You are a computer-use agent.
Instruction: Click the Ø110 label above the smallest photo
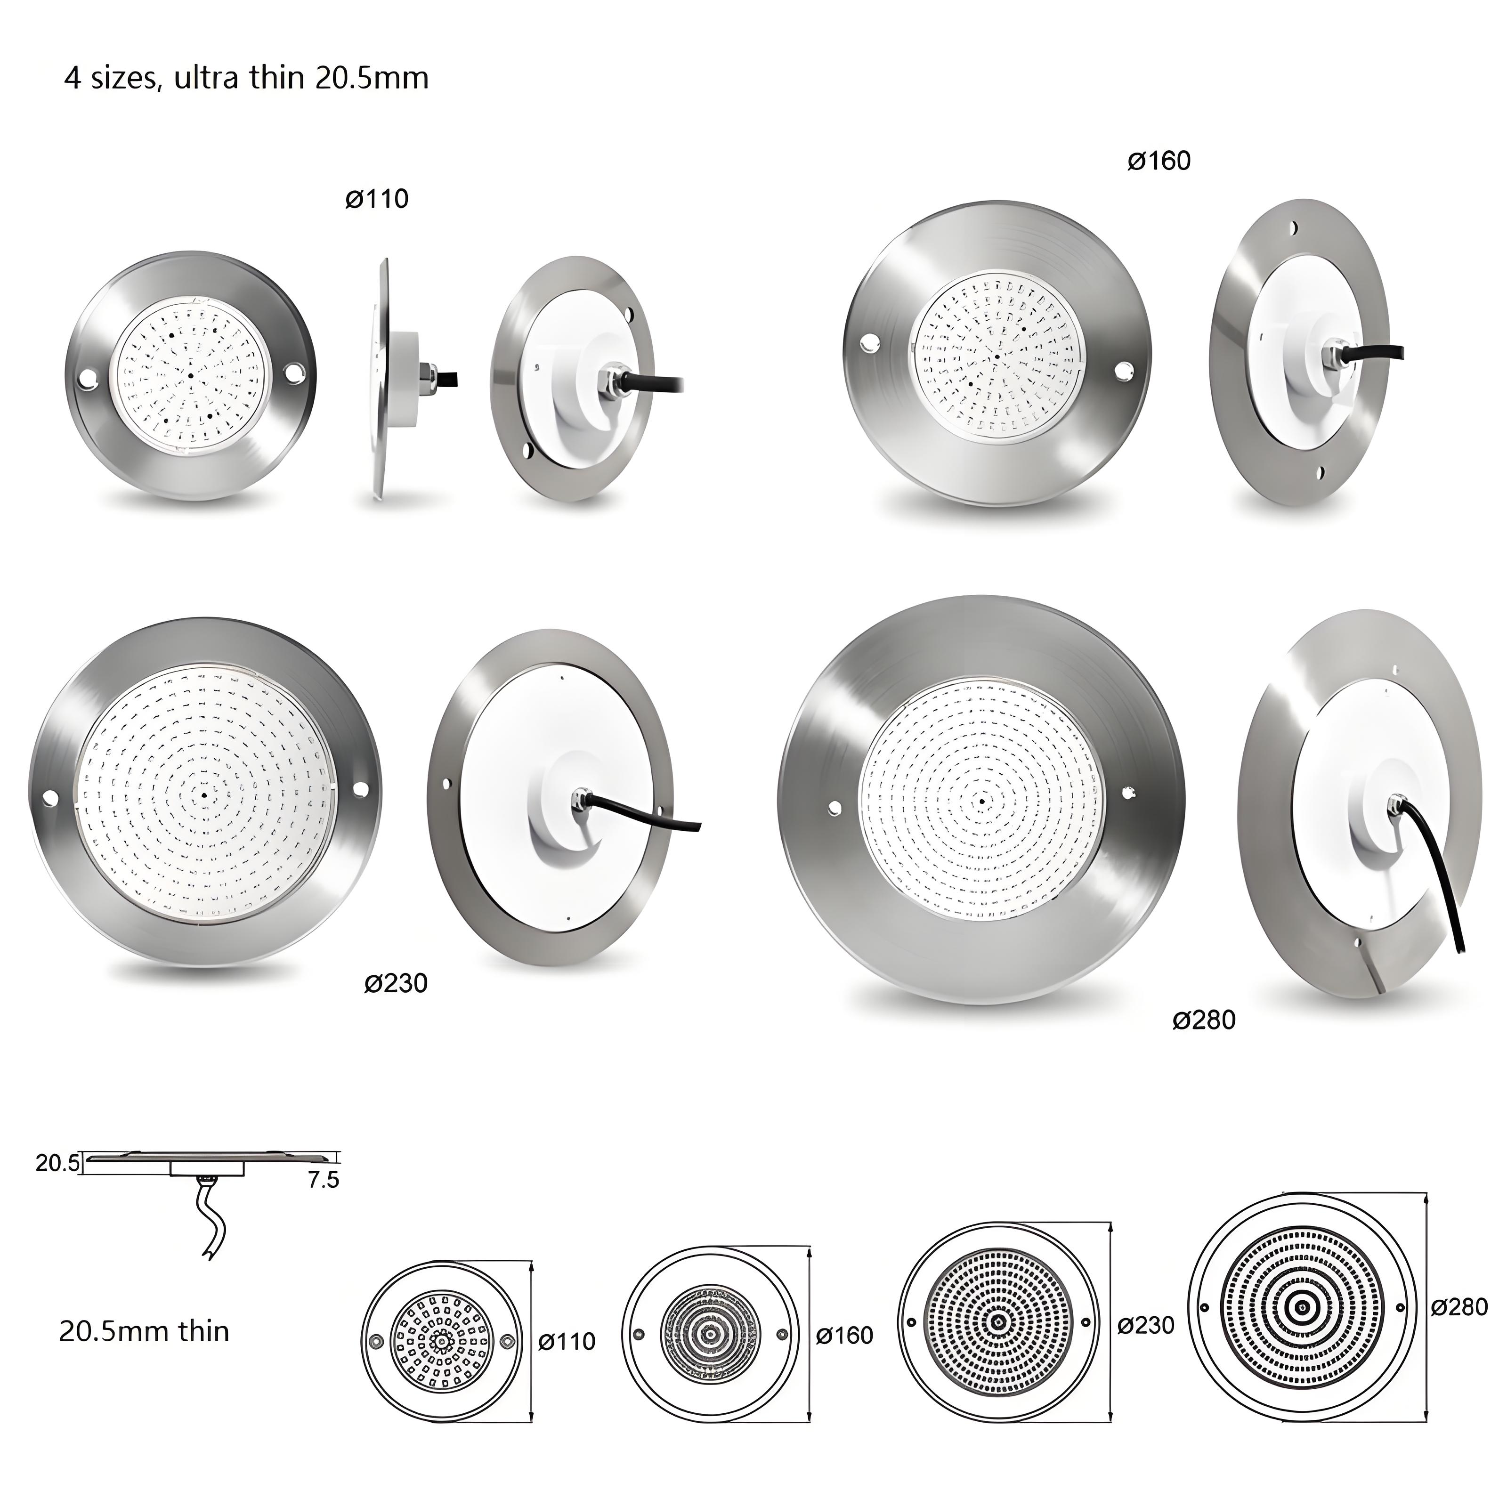[377, 199]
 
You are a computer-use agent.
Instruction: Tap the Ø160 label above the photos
[1159, 161]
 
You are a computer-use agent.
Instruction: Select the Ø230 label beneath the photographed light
[396, 983]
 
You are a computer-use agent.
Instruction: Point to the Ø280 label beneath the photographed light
[1204, 1020]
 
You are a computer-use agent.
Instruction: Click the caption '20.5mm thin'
[144, 1331]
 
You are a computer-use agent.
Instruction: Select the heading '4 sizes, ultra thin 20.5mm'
[246, 78]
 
